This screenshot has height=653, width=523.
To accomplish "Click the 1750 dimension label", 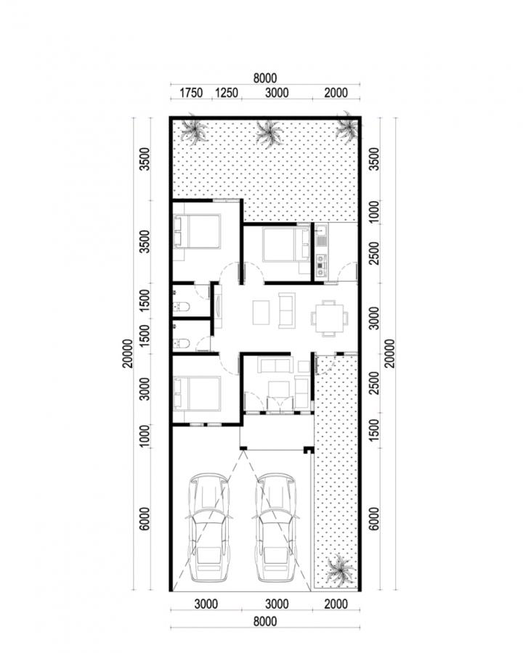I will click(190, 92).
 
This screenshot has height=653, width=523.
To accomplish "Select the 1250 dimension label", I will click(227, 92).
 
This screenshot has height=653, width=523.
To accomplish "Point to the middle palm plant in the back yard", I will click(269, 133).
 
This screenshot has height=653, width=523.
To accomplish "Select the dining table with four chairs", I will click(330, 318).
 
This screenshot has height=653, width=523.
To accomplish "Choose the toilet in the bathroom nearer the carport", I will click(182, 343).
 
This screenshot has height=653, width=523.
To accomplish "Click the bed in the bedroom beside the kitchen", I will click(282, 246).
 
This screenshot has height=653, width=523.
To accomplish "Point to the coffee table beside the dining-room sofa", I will click(261, 313).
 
